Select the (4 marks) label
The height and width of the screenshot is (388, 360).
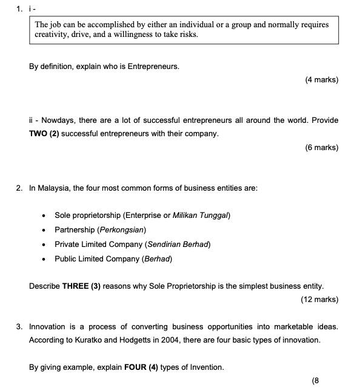(x=321, y=80)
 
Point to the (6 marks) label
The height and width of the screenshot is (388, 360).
(x=321, y=147)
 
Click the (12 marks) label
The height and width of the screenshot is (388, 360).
(x=319, y=299)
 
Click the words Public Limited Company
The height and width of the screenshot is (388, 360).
(x=96, y=259)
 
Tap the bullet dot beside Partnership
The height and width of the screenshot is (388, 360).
(x=44, y=231)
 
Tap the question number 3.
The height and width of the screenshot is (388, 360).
(x=19, y=327)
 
